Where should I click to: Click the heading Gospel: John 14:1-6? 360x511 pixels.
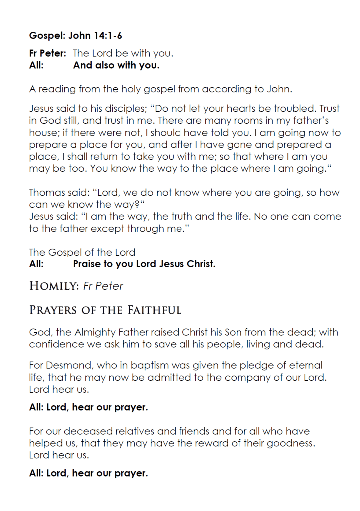(76, 35)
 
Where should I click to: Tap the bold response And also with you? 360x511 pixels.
(116, 65)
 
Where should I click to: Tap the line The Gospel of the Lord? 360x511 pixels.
(82, 252)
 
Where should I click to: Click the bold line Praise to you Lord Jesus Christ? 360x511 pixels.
(144, 264)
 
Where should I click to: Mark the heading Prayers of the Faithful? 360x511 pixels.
(105, 310)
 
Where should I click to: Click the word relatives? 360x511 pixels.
(136, 431)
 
